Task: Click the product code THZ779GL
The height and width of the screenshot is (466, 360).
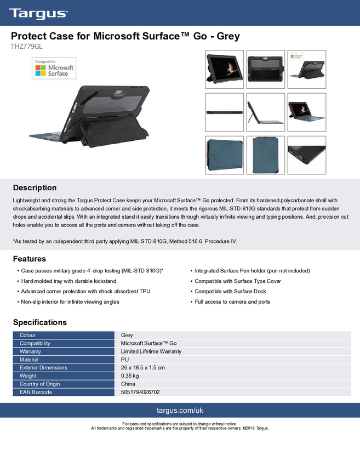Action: [27, 47]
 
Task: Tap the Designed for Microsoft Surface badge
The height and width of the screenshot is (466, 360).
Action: [53, 69]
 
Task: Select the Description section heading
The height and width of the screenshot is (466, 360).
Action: [35, 187]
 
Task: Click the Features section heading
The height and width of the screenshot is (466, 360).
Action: [29, 259]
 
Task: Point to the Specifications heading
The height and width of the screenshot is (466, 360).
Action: [39, 322]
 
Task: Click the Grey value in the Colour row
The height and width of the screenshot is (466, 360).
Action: [127, 335]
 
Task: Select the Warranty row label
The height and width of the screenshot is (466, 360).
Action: [31, 351]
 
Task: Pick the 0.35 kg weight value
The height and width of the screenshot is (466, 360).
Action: [130, 376]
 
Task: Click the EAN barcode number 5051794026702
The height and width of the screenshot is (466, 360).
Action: [140, 393]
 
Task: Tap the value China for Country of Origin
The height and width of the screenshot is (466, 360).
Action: [128, 384]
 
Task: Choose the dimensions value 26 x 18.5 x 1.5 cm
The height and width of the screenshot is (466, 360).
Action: [142, 368]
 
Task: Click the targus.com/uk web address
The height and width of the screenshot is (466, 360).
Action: [180, 410]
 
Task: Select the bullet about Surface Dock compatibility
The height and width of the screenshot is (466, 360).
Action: [230, 292]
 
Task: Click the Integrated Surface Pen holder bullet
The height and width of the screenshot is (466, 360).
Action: [252, 271]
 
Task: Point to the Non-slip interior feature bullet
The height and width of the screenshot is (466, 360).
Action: [70, 302]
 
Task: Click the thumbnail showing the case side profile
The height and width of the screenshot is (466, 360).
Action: [224, 112]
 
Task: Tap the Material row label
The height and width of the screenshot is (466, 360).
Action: [29, 360]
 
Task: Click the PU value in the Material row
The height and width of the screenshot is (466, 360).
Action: [124, 360]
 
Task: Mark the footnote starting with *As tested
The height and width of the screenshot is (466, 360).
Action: [125, 242]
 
